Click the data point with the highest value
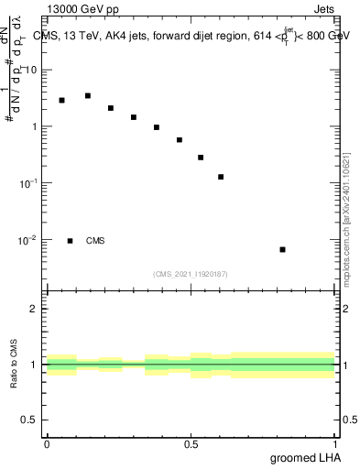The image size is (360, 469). [x=87, y=95]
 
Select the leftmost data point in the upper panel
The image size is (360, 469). [x=61, y=100]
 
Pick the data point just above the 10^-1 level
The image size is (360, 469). [x=221, y=177]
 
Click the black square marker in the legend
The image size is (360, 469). [x=70, y=241]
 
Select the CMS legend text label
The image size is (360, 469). [x=95, y=241]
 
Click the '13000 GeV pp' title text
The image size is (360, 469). [x=81, y=10]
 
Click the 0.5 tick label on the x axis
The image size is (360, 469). [x=191, y=443]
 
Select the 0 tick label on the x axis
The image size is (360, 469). [x=47, y=443]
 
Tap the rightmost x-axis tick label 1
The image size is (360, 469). [x=334, y=443]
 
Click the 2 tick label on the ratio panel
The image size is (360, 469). [x=35, y=309]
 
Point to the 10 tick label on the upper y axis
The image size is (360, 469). [x=31, y=71]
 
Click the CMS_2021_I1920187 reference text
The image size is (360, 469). [x=191, y=274]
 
